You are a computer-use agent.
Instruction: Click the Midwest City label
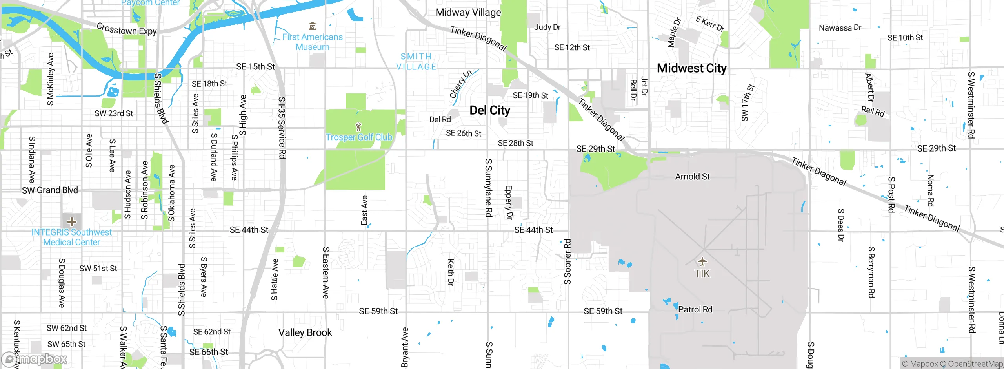[691, 68]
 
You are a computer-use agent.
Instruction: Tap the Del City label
[490, 110]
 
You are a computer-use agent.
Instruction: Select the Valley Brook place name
[305, 332]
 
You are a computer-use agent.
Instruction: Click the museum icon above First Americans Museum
[313, 26]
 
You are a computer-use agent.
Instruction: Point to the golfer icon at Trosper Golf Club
[358, 127]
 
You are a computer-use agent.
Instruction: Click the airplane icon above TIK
[702, 261]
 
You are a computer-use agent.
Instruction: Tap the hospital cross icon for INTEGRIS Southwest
[71, 222]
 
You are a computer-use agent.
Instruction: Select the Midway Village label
[468, 13]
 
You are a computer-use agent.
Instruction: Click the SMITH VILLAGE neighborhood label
[416, 62]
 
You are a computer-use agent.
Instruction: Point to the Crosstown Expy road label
[126, 29]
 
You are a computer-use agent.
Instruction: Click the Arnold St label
[692, 177]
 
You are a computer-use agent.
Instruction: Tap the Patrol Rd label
[695, 309]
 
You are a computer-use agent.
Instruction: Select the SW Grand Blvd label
[50, 190]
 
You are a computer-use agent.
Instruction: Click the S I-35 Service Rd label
[282, 128]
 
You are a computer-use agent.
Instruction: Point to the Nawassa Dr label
[840, 28]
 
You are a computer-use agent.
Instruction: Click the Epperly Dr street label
[509, 202]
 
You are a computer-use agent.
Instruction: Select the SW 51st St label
[98, 269]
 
